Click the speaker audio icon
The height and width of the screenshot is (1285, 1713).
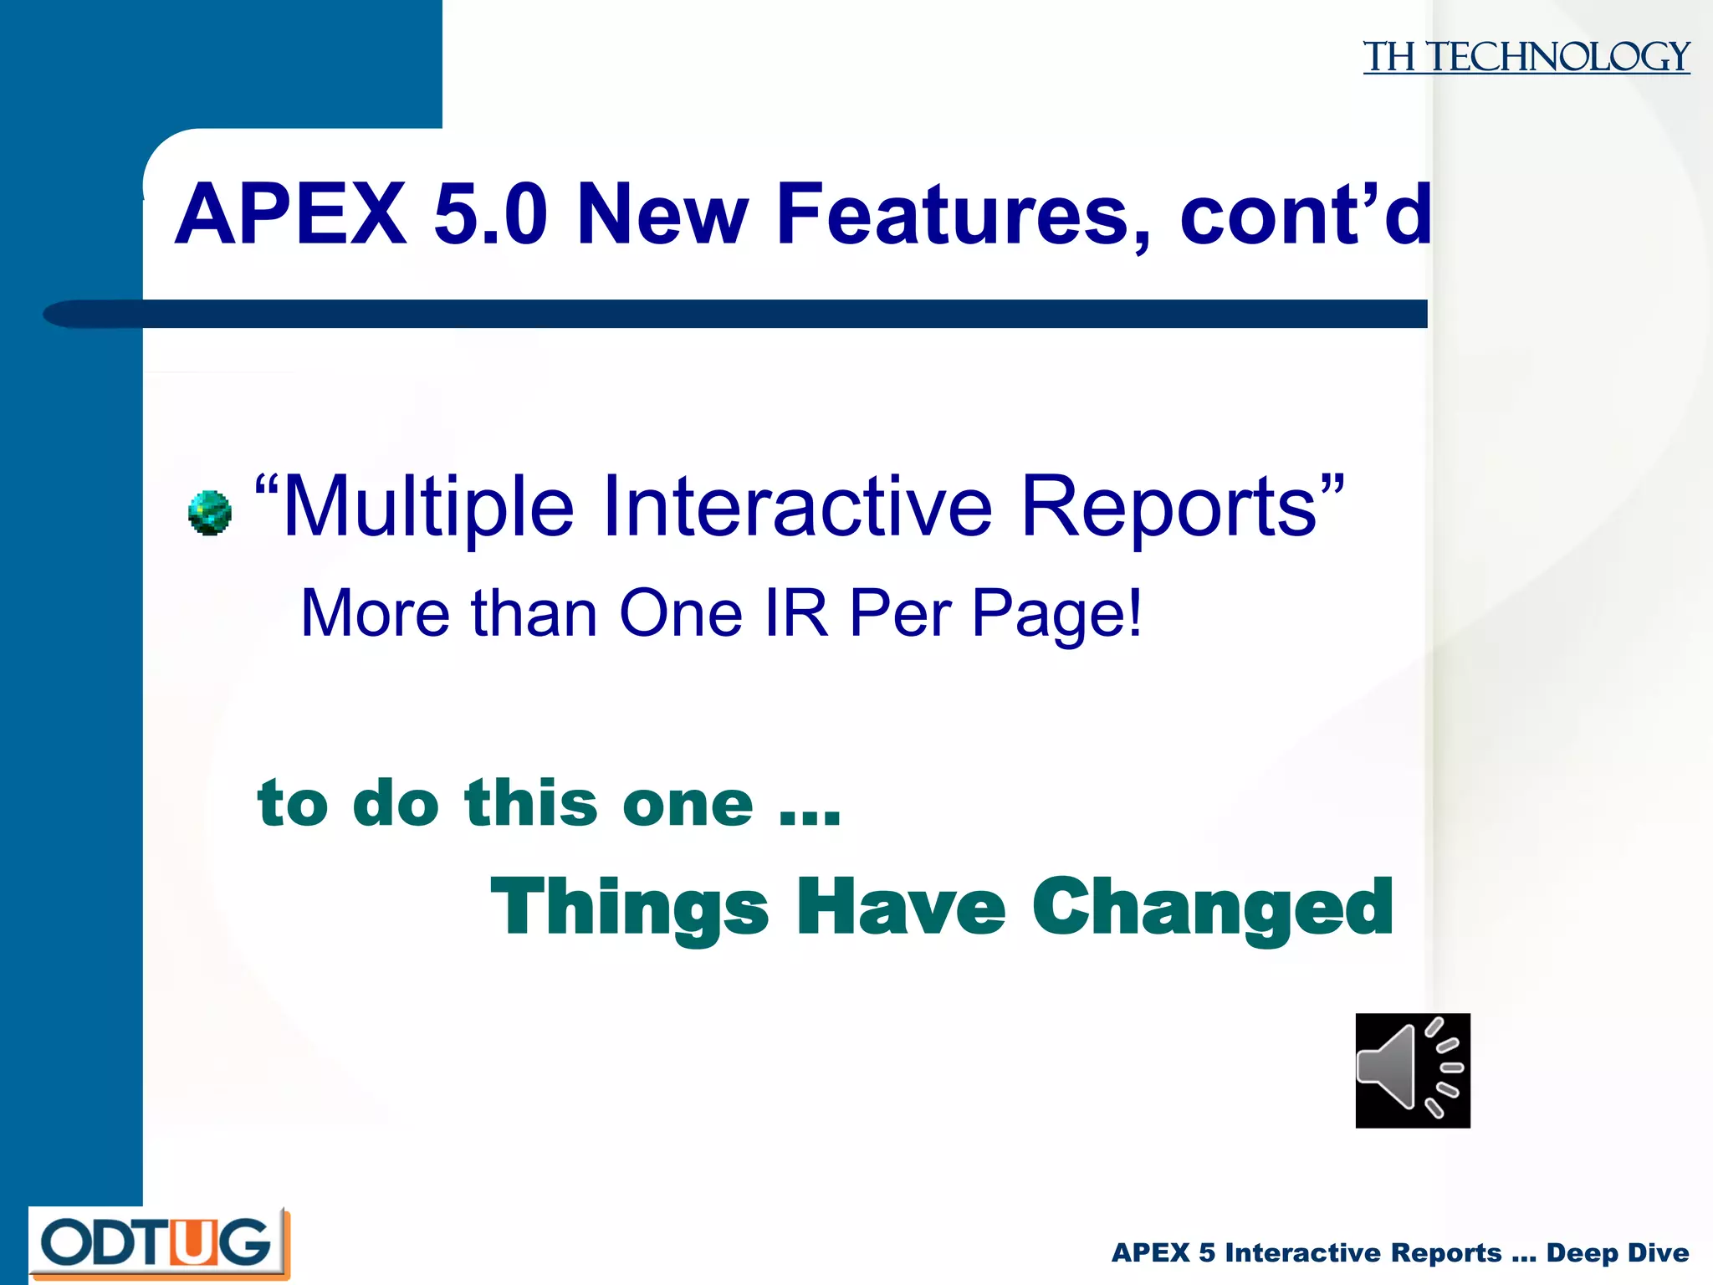(x=1413, y=1070)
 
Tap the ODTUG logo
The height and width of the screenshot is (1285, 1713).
(x=159, y=1243)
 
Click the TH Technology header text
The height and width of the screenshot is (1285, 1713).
(x=1526, y=58)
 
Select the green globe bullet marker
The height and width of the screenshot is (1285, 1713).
(x=209, y=513)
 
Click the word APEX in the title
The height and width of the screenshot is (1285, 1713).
(x=291, y=215)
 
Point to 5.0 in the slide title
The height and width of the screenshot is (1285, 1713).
(x=491, y=215)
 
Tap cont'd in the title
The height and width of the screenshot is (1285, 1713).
(x=1305, y=215)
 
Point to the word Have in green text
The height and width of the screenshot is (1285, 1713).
(x=901, y=908)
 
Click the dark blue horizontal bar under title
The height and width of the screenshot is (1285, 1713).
(x=753, y=314)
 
